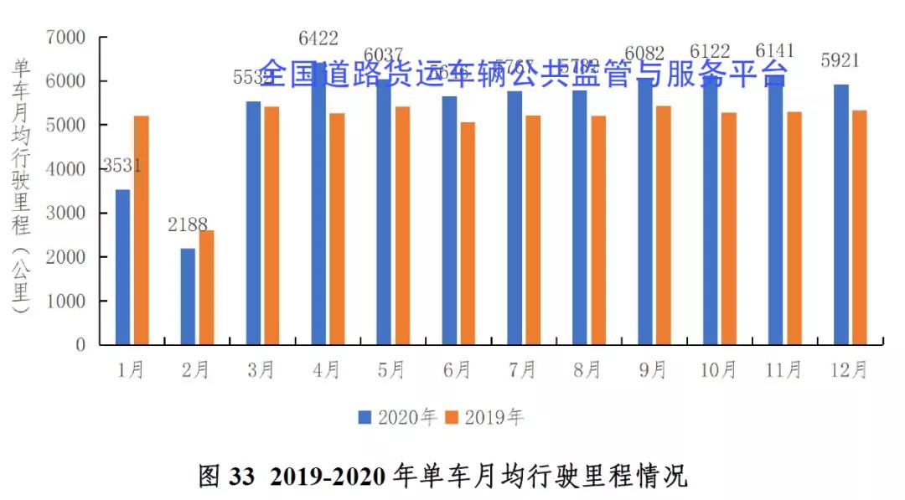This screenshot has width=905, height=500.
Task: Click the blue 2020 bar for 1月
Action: point(123,267)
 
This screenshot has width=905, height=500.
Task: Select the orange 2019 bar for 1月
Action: point(142,230)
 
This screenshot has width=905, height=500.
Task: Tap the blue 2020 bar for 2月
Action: point(188,296)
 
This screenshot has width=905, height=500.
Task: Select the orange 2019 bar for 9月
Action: point(663,226)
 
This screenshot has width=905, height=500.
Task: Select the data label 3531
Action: point(122,166)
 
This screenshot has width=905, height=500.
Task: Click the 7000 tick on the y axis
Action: point(66,38)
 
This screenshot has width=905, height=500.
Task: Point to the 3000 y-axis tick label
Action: point(66,213)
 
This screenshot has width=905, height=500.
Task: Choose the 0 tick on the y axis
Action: point(80,344)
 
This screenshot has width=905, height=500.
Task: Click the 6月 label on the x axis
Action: point(458,370)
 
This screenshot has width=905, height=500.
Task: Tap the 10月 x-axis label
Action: point(718,370)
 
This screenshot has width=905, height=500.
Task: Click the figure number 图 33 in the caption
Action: point(225,476)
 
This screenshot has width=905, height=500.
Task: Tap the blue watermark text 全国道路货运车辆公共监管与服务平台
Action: point(523,75)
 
